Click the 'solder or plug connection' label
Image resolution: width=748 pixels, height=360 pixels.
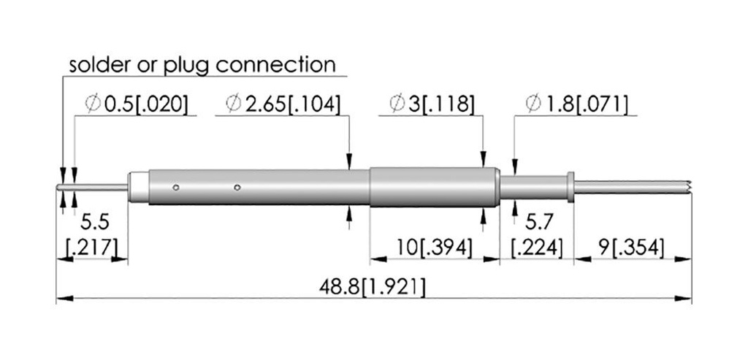pyautogui.click(x=202, y=65)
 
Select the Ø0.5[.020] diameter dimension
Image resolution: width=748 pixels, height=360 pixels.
pyautogui.click(x=135, y=104)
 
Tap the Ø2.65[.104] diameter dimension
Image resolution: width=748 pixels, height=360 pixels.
pyautogui.click(x=283, y=104)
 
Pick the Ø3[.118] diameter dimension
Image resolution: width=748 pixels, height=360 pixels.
pyautogui.click(x=432, y=104)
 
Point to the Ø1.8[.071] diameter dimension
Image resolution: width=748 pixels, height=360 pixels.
pyautogui.click(x=576, y=104)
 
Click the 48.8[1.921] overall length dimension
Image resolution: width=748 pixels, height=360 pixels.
pyautogui.click(x=372, y=288)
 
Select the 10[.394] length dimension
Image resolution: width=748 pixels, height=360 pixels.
pyautogui.click(x=435, y=248)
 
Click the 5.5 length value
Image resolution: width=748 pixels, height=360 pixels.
pyautogui.click(x=94, y=222)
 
